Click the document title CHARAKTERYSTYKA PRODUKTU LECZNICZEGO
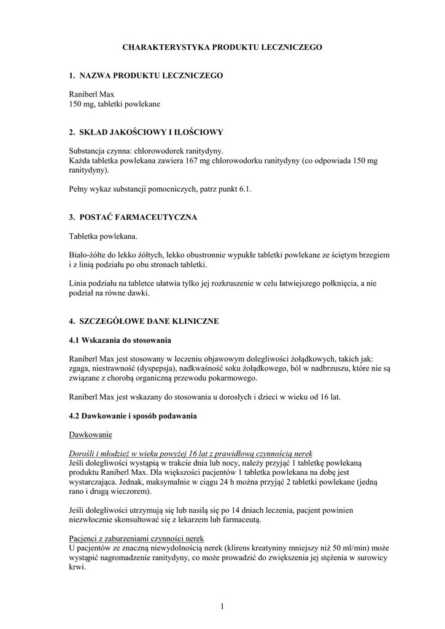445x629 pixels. [222, 47]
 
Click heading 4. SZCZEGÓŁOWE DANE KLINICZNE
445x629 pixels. [144, 321]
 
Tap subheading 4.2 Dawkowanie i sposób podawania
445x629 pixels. [133, 416]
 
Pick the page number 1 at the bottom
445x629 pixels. [222, 607]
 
